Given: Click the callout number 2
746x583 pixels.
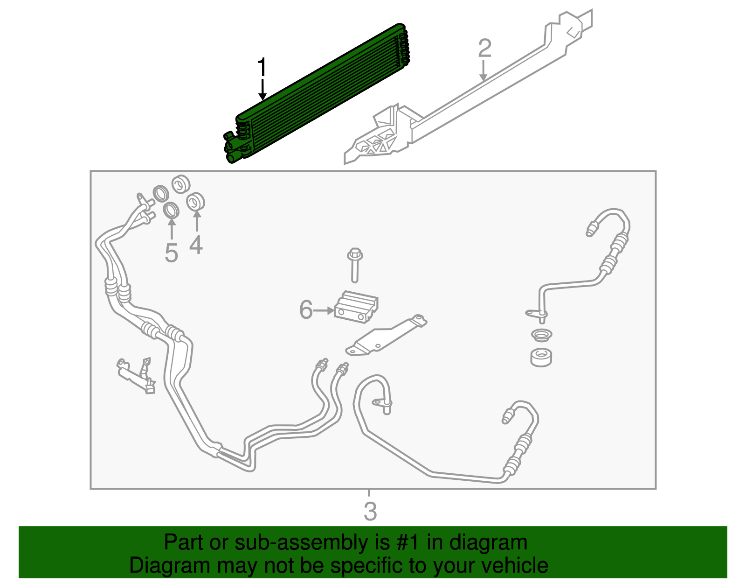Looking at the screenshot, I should click(x=484, y=49).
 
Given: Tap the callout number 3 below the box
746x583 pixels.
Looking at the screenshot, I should click(x=370, y=511).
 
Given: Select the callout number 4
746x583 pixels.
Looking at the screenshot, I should click(x=196, y=245).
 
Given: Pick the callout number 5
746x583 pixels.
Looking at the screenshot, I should click(x=172, y=253).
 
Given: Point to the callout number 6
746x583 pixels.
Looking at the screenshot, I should click(x=306, y=310).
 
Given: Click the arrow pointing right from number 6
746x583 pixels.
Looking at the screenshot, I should click(x=324, y=310).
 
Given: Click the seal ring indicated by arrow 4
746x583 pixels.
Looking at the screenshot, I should click(x=195, y=202).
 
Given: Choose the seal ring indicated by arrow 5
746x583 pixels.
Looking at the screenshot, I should click(x=171, y=210).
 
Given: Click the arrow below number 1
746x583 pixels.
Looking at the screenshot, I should click(x=262, y=90).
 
